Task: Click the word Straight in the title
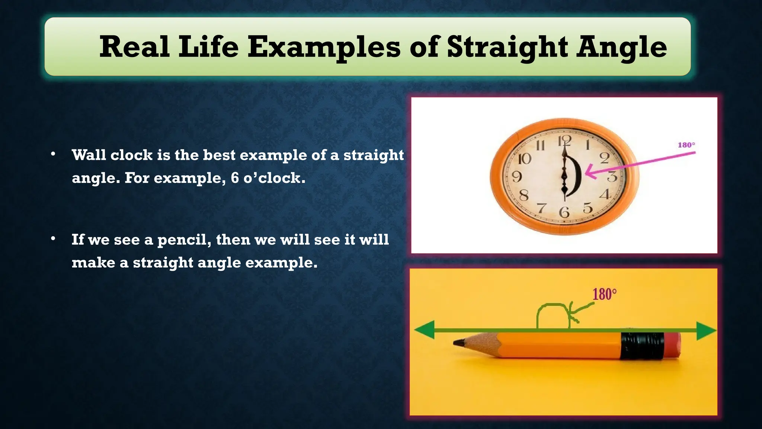tap(508, 48)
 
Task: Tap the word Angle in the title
tap(621, 48)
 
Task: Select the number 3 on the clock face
tap(612, 177)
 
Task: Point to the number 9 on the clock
tap(517, 176)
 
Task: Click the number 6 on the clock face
tap(564, 212)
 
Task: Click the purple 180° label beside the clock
tap(686, 145)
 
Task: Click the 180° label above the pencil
tap(604, 294)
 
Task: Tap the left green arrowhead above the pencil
tap(425, 330)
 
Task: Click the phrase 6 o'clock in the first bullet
tap(268, 178)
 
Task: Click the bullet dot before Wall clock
tap(53, 154)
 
